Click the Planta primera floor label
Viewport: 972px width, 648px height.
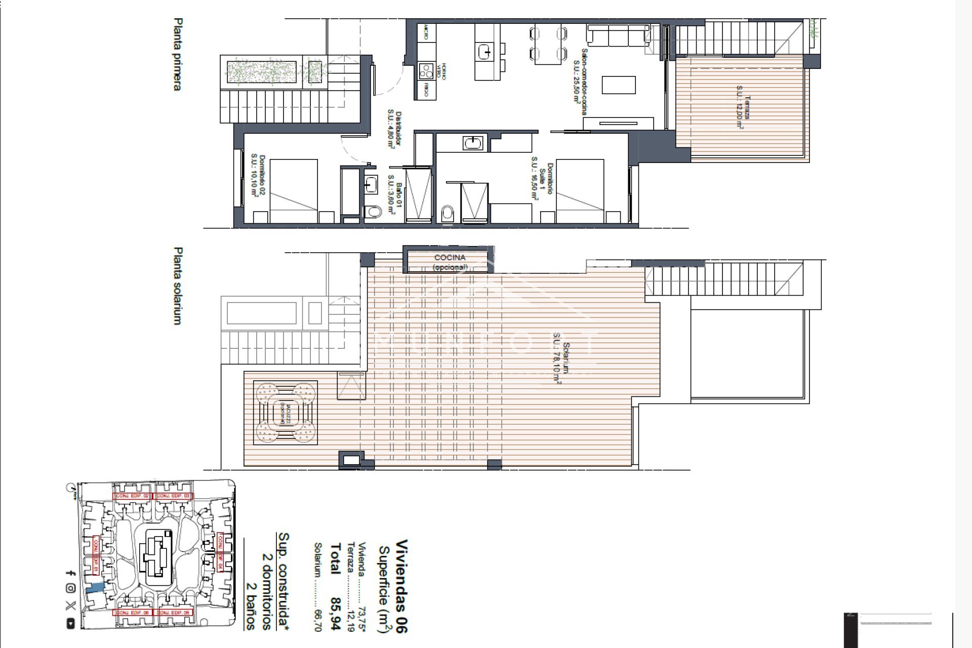pyautogui.click(x=177, y=54)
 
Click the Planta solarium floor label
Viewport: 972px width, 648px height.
pyautogui.click(x=177, y=286)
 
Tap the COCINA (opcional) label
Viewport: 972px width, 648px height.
pyautogui.click(x=450, y=262)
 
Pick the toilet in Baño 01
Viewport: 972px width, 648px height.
pyautogui.click(x=374, y=212)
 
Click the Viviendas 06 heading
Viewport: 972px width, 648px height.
pyautogui.click(x=401, y=586)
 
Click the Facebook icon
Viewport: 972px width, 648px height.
pyautogui.click(x=70, y=573)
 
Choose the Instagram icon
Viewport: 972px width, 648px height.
pyautogui.click(x=70, y=588)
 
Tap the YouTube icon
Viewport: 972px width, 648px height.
pyautogui.click(x=70, y=624)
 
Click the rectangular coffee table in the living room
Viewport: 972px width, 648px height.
pyautogui.click(x=618, y=85)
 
